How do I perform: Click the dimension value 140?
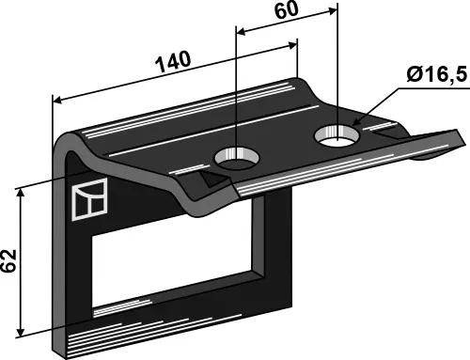click(173, 61)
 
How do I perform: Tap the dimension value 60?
click(287, 9)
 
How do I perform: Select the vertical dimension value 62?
click(8, 260)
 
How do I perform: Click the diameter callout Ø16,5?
click(437, 75)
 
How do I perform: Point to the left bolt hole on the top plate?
click(237, 157)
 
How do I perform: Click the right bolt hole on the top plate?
click(337, 136)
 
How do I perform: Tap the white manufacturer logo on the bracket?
click(89, 199)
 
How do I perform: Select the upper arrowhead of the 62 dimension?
click(21, 193)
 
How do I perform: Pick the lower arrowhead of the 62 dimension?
click(21, 333)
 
